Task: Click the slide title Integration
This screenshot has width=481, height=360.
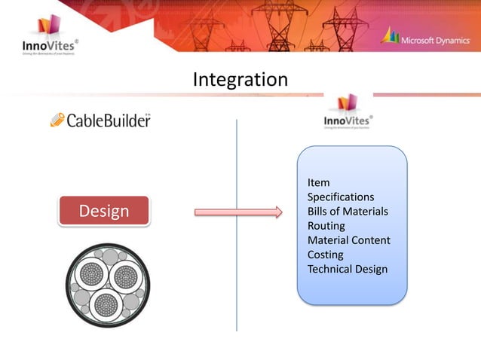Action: [240, 79]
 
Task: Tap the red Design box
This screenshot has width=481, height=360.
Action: [104, 212]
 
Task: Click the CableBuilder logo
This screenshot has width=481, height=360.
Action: [100, 120]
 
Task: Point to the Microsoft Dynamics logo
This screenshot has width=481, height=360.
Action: [427, 37]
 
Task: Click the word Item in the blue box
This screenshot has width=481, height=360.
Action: [318, 183]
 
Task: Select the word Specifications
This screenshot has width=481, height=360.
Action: [341, 197]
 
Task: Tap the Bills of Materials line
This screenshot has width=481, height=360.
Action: [348, 212]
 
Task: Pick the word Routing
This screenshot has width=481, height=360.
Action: [326, 226]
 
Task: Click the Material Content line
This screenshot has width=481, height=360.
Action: [349, 240]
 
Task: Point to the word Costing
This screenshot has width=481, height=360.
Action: [326, 255]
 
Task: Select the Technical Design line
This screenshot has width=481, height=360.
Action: [348, 269]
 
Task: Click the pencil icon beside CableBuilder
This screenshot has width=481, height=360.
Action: [57, 119]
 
